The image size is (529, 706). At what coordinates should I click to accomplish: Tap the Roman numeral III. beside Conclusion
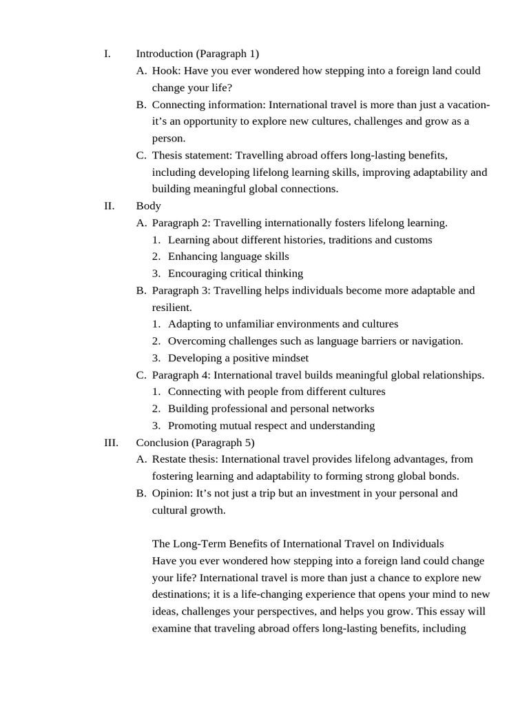click(112, 443)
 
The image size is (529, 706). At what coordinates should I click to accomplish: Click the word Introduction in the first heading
click(165, 54)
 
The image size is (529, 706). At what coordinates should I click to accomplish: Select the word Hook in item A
click(165, 70)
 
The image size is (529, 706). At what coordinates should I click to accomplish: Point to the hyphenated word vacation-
click(464, 105)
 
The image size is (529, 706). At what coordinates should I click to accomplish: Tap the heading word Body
click(148, 205)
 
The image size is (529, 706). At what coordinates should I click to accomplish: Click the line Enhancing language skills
click(228, 256)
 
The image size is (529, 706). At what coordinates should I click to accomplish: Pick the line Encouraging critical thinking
click(235, 273)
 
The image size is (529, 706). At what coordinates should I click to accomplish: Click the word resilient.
click(172, 307)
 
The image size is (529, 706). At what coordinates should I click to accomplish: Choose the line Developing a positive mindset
click(238, 358)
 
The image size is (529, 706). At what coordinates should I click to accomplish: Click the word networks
click(351, 409)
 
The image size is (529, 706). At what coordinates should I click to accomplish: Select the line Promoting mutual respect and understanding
click(271, 425)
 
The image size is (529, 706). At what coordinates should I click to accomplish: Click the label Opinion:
click(173, 493)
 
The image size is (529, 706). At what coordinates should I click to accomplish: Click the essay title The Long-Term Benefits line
click(298, 544)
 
